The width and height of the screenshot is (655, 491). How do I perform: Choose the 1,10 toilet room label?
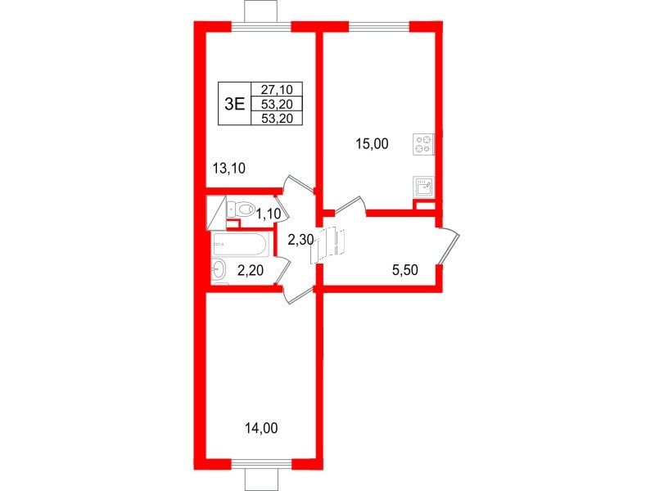(x=269, y=214)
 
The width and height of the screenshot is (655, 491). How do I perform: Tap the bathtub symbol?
(x=239, y=244)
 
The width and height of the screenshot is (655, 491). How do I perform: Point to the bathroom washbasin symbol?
(x=219, y=269)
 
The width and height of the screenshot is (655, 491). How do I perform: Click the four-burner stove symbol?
(x=424, y=144)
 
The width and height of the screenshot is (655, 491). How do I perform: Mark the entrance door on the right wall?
(x=449, y=246)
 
